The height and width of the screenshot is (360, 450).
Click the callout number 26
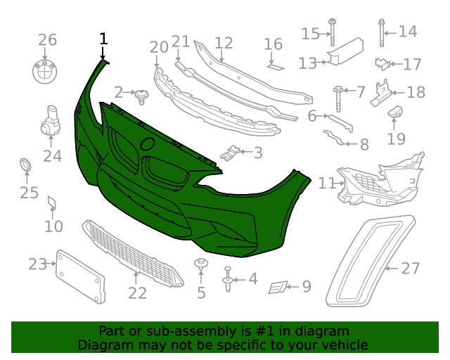point(46,39)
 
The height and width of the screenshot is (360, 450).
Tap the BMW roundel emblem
point(46,72)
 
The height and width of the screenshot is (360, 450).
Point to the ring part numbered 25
point(26,167)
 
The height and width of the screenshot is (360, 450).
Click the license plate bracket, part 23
point(80,276)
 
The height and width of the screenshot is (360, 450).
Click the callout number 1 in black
point(103,39)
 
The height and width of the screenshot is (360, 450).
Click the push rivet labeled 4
point(228,279)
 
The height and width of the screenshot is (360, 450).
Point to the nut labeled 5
point(201,266)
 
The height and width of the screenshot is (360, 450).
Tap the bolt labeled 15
point(332,32)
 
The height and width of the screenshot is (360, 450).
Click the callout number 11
point(326,184)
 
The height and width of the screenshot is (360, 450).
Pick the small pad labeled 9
point(278,287)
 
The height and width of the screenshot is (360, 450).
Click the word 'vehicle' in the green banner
point(345,345)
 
